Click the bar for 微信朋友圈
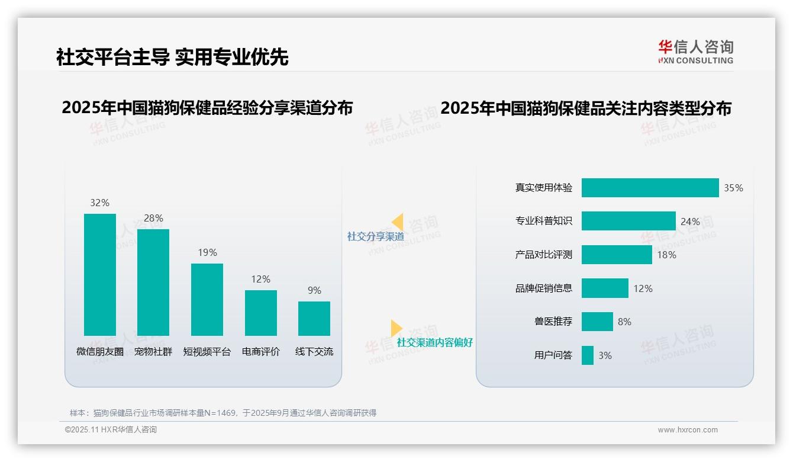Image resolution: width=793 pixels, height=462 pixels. [100, 274]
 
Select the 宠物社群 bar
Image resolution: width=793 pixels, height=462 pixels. [153, 282]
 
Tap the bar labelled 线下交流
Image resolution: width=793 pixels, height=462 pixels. [314, 318]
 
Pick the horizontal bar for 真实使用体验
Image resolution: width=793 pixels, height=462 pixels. [650, 188]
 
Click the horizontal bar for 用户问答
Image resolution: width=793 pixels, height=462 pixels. [588, 355]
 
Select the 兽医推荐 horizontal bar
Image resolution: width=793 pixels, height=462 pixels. [597, 322]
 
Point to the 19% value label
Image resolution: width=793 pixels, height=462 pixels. [207, 252]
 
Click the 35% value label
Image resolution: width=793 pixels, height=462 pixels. [733, 188]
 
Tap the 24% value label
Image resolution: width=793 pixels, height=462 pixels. [690, 222]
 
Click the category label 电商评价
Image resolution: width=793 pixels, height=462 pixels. [261, 351]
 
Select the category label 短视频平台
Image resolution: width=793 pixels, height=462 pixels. [207, 351]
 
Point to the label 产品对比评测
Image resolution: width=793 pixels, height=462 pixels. [544, 255]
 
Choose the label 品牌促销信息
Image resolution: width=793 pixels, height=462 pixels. [544, 288]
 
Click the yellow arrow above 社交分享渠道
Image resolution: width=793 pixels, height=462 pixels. [397, 222]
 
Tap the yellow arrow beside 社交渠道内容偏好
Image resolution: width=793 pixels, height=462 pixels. [396, 328]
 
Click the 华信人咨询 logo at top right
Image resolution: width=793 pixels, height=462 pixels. [695, 52]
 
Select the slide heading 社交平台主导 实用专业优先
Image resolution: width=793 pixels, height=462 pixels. [172, 57]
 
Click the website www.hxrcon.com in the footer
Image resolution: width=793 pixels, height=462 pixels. [688, 430]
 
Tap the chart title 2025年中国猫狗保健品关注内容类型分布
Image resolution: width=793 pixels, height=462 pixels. [586, 108]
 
